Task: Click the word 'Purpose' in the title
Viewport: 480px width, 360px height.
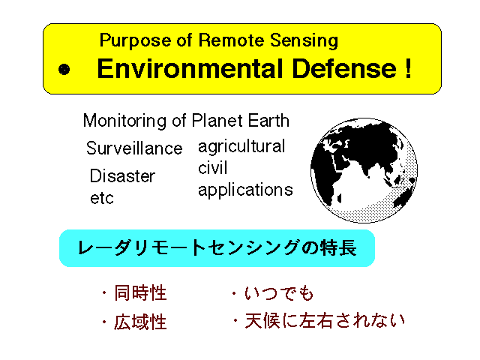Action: click(135, 40)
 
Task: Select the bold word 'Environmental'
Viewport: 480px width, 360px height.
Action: click(190, 68)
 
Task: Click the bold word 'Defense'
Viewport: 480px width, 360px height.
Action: click(344, 68)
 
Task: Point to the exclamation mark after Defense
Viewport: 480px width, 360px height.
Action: click(408, 68)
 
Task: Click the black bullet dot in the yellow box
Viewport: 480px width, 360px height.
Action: click(64, 70)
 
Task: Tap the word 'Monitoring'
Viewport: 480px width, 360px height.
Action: click(125, 121)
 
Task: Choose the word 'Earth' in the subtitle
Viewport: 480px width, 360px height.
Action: click(268, 120)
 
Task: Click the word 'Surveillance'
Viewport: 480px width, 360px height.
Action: click(134, 148)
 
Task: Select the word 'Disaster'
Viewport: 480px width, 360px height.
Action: click(122, 176)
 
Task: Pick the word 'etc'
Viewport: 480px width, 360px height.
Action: click(102, 198)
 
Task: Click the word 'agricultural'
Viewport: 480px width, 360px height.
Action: click(241, 147)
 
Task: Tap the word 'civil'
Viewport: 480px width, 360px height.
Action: click(213, 168)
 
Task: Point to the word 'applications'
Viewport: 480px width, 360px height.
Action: click(245, 190)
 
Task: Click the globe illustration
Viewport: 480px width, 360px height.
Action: click(364, 170)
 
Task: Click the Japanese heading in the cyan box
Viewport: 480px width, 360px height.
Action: click(217, 248)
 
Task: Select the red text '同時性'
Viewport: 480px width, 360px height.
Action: click(140, 293)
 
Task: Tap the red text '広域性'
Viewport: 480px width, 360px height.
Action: click(140, 322)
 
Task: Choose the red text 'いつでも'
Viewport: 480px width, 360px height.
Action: click(279, 293)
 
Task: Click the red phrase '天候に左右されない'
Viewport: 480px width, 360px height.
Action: click(325, 321)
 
